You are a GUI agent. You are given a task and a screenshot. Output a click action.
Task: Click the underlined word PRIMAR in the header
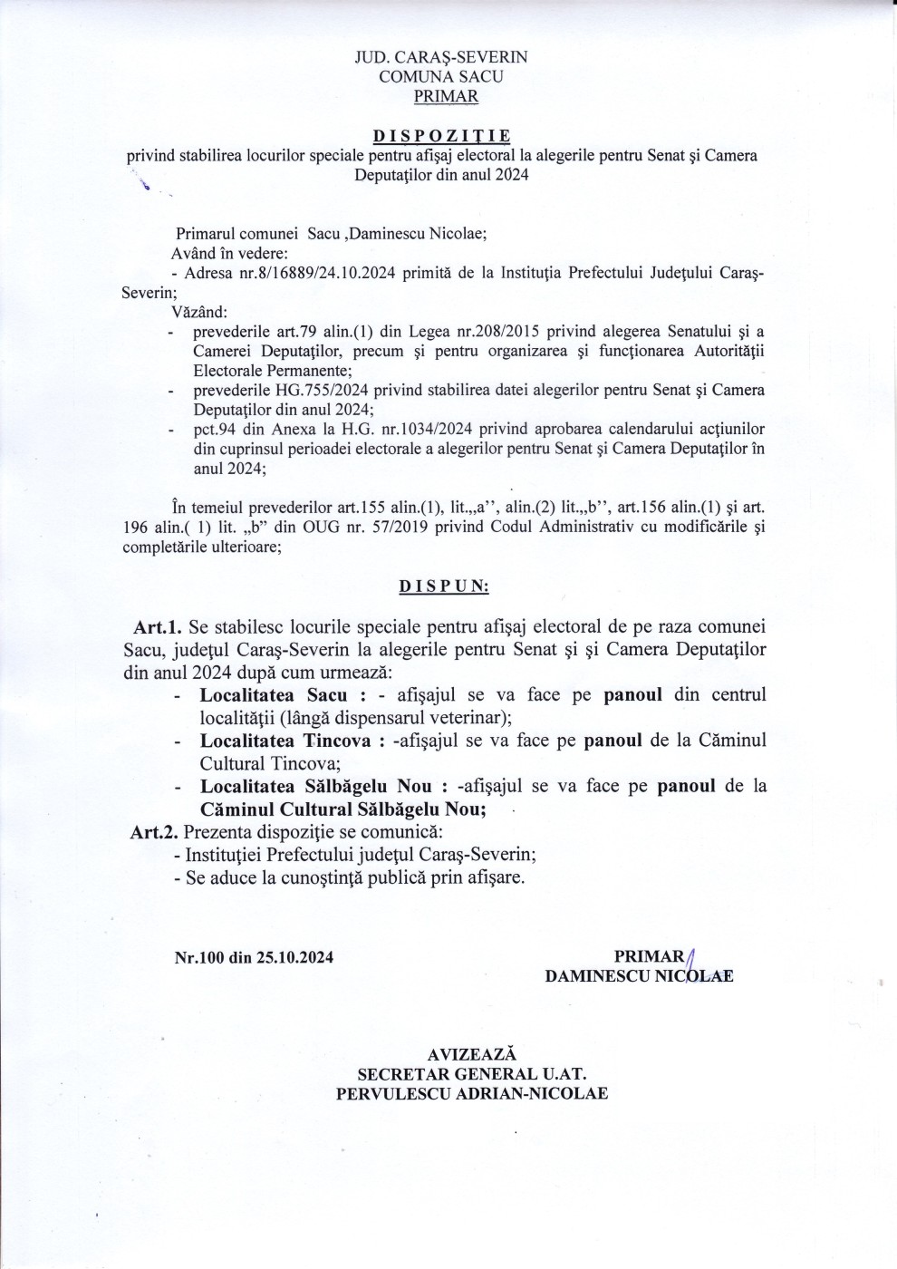(446, 96)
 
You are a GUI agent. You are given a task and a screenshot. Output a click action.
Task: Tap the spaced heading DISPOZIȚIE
(441, 136)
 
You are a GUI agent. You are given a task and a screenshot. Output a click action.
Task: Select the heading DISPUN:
(444, 586)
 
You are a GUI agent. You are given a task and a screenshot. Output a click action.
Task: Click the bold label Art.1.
(158, 626)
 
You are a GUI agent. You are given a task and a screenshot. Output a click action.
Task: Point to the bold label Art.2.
(154, 832)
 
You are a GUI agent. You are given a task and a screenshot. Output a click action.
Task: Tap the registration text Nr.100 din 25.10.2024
(254, 957)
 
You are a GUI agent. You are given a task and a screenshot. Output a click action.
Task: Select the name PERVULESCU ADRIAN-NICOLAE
(471, 1093)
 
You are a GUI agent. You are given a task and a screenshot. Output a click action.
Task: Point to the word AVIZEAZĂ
(471, 1054)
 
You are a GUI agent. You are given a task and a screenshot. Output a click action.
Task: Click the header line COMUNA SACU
(441, 77)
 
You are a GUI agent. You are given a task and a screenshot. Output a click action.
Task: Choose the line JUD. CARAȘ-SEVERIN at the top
(441, 57)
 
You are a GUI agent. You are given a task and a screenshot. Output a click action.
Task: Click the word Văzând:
(199, 313)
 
